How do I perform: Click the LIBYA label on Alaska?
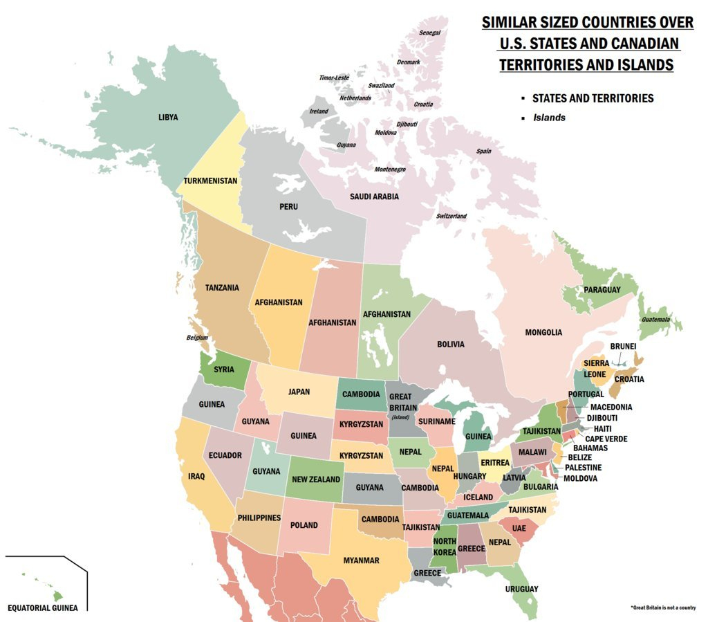tap(168, 117)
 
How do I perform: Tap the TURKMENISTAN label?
tap(210, 181)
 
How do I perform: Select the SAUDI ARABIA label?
tap(374, 196)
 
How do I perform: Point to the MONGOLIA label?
tap(543, 332)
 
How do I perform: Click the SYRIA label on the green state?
tap(223, 369)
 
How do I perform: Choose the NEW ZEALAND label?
tap(316, 479)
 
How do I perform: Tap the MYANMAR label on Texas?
tap(361, 560)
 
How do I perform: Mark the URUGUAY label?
tap(521, 589)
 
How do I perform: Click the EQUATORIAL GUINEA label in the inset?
tap(43, 608)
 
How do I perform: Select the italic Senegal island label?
tap(429, 33)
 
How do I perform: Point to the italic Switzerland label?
tap(451, 217)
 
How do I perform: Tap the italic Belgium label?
tap(197, 338)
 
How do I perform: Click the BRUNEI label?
tap(622, 346)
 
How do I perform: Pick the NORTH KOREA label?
tap(445, 547)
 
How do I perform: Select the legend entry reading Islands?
tap(549, 118)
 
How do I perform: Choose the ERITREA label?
tap(495, 463)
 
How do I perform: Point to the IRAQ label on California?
tap(196, 476)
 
